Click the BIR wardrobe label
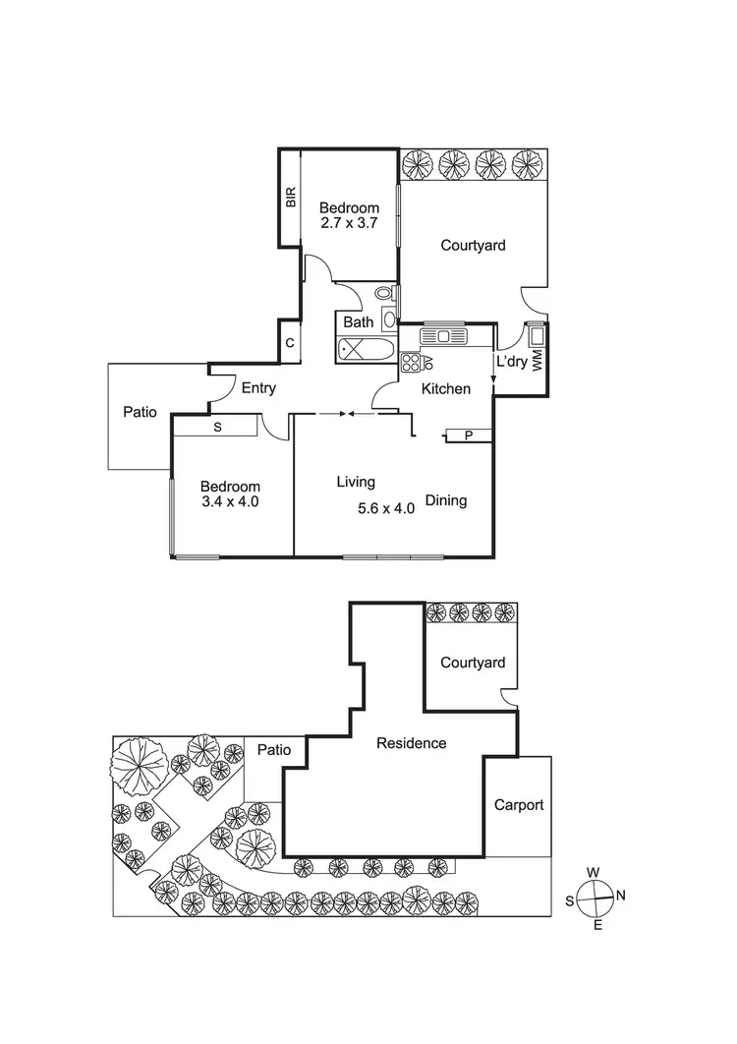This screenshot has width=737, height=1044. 291,199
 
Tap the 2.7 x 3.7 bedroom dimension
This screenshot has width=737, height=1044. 349,224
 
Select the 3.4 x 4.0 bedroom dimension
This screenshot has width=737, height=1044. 230,502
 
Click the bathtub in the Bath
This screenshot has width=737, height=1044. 366,349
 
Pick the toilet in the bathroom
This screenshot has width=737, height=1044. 384,292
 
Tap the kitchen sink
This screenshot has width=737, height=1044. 445,336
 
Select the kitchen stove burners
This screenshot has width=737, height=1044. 411,362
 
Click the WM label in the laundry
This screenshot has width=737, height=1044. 537,362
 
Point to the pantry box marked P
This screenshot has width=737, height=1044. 469,435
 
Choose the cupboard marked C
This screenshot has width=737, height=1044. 290,343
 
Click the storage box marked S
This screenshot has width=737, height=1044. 216,427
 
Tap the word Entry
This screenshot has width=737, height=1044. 258,388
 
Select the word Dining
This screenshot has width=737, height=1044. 445,500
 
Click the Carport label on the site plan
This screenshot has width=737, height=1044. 518,805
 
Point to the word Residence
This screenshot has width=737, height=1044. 412,743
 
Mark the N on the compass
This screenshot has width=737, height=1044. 620,895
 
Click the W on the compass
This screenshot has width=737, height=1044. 594,872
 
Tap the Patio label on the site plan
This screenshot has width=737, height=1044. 274,750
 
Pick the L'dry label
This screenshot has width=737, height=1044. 511,362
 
